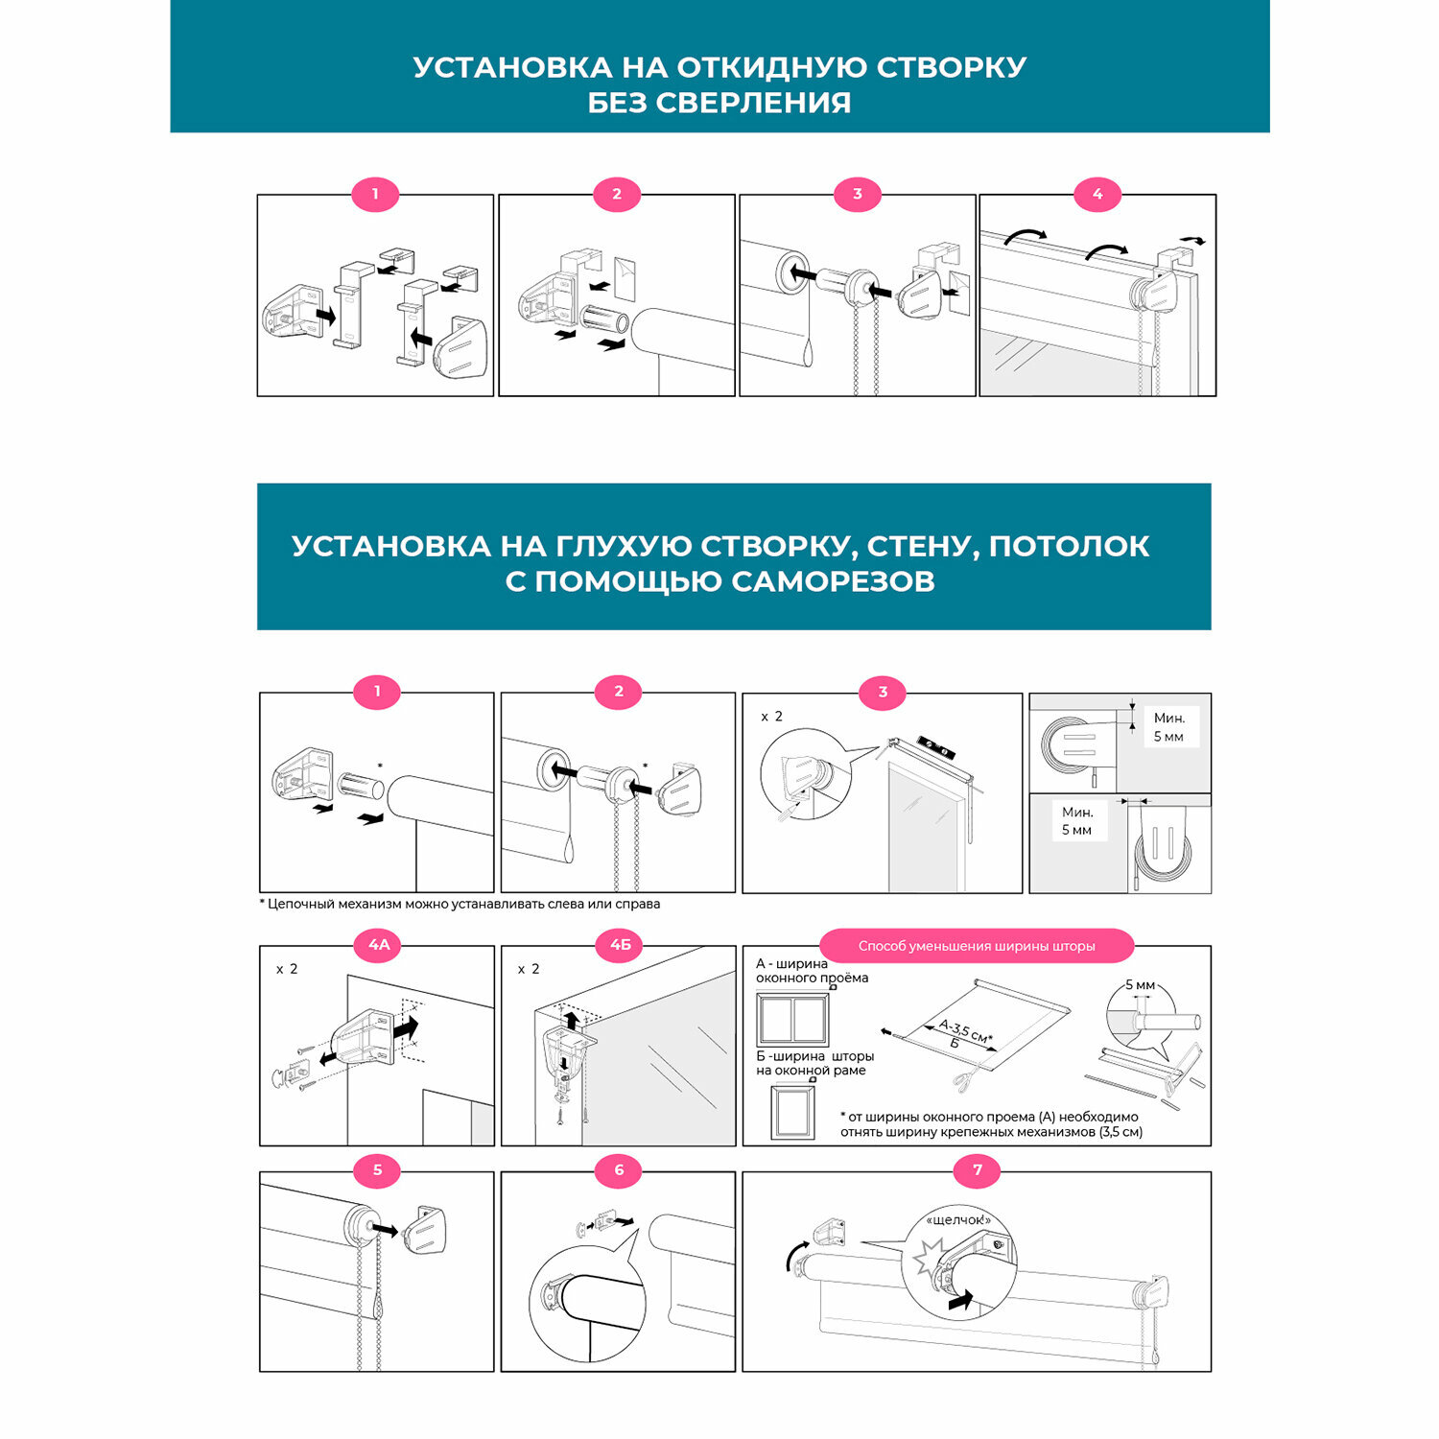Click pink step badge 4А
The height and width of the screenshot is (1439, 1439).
(x=380, y=945)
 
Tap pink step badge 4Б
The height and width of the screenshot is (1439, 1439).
(x=621, y=945)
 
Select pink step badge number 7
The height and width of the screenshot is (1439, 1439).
(x=978, y=1170)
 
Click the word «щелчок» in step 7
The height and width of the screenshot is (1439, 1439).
(x=957, y=1220)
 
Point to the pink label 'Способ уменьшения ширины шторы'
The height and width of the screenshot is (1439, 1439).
(x=977, y=946)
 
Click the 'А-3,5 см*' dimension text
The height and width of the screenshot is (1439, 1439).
(x=965, y=1030)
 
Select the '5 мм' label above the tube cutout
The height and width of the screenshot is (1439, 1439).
(x=1140, y=985)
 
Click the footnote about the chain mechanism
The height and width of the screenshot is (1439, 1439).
(x=460, y=904)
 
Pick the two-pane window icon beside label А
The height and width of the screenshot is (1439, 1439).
(x=792, y=1019)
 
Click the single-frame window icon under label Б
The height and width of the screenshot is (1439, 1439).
(x=792, y=1111)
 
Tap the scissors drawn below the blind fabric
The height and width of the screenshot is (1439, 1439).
(x=962, y=1081)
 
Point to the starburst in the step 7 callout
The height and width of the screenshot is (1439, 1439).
(x=929, y=1256)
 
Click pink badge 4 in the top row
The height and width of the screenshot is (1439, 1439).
(x=1097, y=194)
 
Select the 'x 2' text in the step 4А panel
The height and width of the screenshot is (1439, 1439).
(x=287, y=969)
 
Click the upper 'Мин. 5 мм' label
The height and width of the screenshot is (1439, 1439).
(x=1168, y=727)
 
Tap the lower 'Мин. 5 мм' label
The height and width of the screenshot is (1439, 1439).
(x=1076, y=821)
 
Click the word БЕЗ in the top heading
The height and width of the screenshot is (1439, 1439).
(x=617, y=103)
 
